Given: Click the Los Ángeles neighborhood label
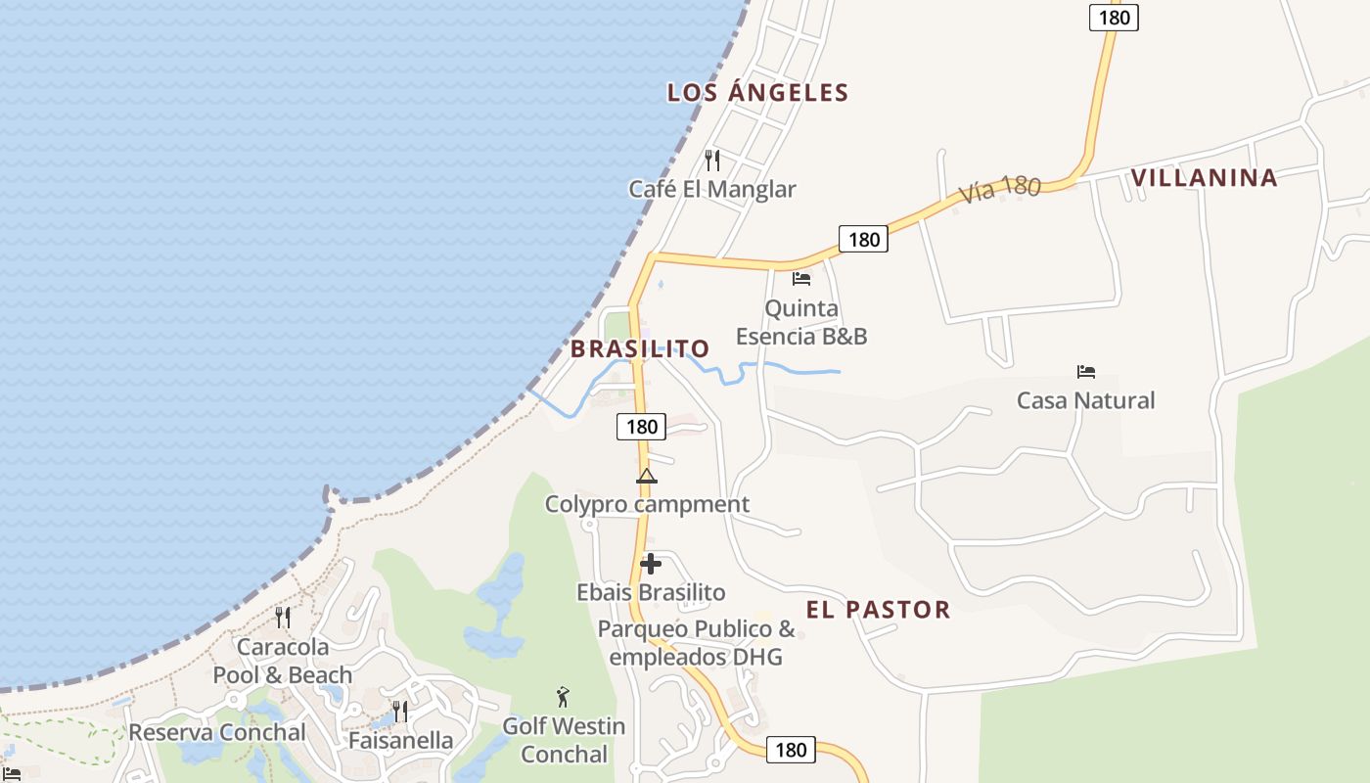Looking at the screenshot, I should pos(757,93).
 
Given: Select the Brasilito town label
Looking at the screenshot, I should pos(640,348).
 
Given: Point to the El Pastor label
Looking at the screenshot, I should pos(878,610).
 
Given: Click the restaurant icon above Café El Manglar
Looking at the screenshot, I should pos(712,160).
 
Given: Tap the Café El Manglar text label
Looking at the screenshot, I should pos(712,189).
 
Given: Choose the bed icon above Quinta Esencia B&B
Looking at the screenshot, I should pos(801,279).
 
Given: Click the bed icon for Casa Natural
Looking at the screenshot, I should pos(1085,372).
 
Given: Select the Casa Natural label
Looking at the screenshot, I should pos(1085,400).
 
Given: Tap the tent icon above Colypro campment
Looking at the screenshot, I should pos(646,477).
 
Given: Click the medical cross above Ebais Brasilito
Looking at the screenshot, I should pos(650,564).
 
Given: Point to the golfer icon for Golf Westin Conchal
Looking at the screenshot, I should pos(563,697).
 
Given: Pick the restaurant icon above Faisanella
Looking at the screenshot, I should pos(399,712).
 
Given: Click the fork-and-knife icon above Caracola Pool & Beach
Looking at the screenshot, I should pos(282,618).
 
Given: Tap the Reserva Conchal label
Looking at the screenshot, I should pos(217,732).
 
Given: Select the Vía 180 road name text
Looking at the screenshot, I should pos(999,187).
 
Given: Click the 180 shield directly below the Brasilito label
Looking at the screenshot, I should pos(642,427).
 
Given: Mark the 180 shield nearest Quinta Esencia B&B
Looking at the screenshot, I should pos(863,239).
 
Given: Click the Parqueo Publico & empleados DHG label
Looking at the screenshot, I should pos(696,643).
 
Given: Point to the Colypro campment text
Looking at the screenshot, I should pos(647,505).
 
